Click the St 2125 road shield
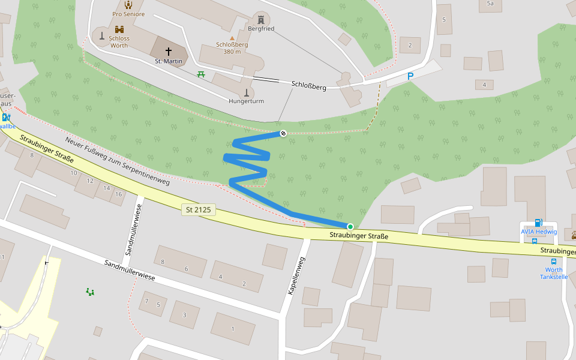[198, 210]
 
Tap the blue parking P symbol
[410, 76]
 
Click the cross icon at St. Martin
[168, 52]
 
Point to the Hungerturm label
[246, 101]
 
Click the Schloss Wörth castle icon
[119, 29]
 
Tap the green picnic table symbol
[201, 74]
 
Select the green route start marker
[350, 226]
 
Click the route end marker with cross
[283, 133]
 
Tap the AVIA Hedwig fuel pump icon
[538, 223]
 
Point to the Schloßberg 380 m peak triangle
[232, 38]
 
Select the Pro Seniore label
[128, 14]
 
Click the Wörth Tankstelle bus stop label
[553, 273]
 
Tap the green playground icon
[90, 292]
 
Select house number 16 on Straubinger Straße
[119, 194]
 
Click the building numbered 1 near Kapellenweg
[233, 328]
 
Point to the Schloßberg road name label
[308, 86]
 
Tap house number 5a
[490, 4]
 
